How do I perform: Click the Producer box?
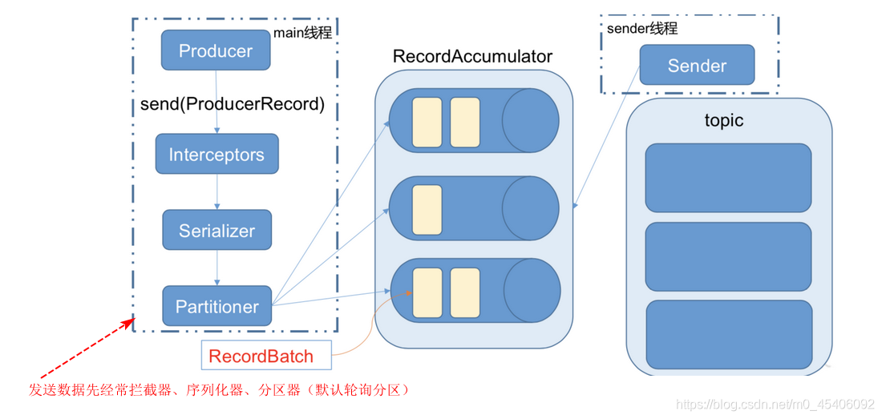215,50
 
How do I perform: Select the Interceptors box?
216,155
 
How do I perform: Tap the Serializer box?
216,231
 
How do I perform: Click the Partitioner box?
216,306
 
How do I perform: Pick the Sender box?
697,65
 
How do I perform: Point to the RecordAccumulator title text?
472,57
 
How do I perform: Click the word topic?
724,120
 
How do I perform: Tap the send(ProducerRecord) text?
233,104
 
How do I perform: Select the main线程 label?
302,33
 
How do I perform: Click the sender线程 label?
642,29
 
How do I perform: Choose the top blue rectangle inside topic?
728,177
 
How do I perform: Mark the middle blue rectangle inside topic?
728,256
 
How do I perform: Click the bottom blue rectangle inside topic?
728,335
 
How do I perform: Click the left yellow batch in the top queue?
427,123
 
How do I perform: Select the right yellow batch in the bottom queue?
465,293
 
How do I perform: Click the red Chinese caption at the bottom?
219,390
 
